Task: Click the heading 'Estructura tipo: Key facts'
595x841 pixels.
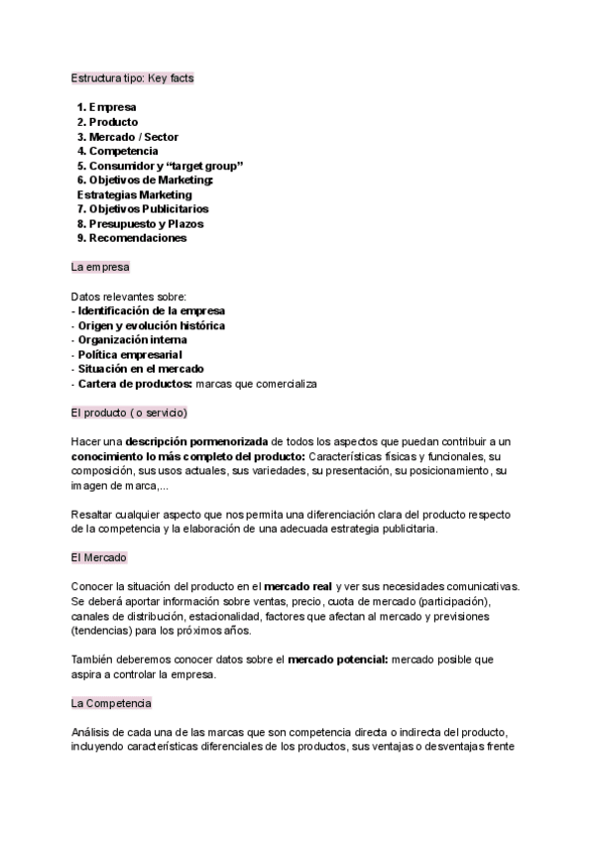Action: point(139,77)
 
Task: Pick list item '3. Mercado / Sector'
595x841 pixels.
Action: point(128,137)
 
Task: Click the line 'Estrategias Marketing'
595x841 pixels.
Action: point(135,195)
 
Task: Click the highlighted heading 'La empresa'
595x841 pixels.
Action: point(100,268)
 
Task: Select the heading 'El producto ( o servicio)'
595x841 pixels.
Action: point(129,413)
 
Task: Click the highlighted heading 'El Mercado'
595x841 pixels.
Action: point(98,558)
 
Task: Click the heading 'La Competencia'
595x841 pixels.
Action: point(111,703)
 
